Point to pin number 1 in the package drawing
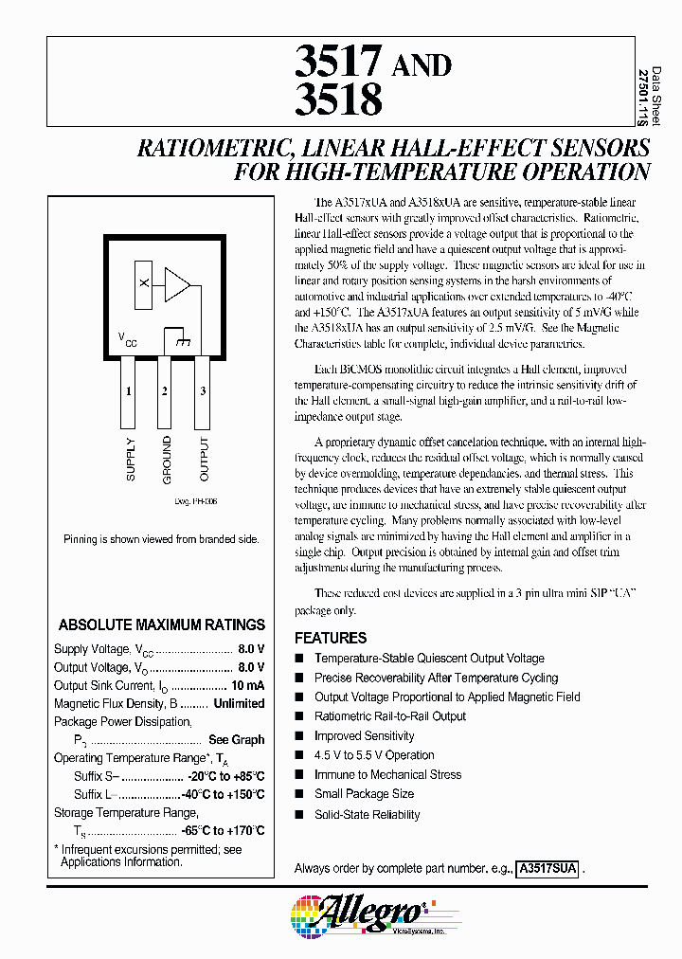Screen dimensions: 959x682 click(128, 390)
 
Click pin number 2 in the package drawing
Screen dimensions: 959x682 click(164, 390)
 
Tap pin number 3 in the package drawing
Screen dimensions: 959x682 click(203, 390)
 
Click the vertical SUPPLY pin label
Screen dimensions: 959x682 click(131, 460)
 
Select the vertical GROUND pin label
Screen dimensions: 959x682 click(167, 459)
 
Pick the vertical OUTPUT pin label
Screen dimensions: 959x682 click(204, 459)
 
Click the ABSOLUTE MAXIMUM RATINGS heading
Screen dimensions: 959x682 click(162, 624)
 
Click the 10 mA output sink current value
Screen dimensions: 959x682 click(247, 685)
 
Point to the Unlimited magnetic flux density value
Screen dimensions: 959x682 click(239, 703)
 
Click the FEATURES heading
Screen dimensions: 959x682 click(331, 638)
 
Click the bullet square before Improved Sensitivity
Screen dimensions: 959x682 click(300, 736)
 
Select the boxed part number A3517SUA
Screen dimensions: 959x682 click(548, 868)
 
